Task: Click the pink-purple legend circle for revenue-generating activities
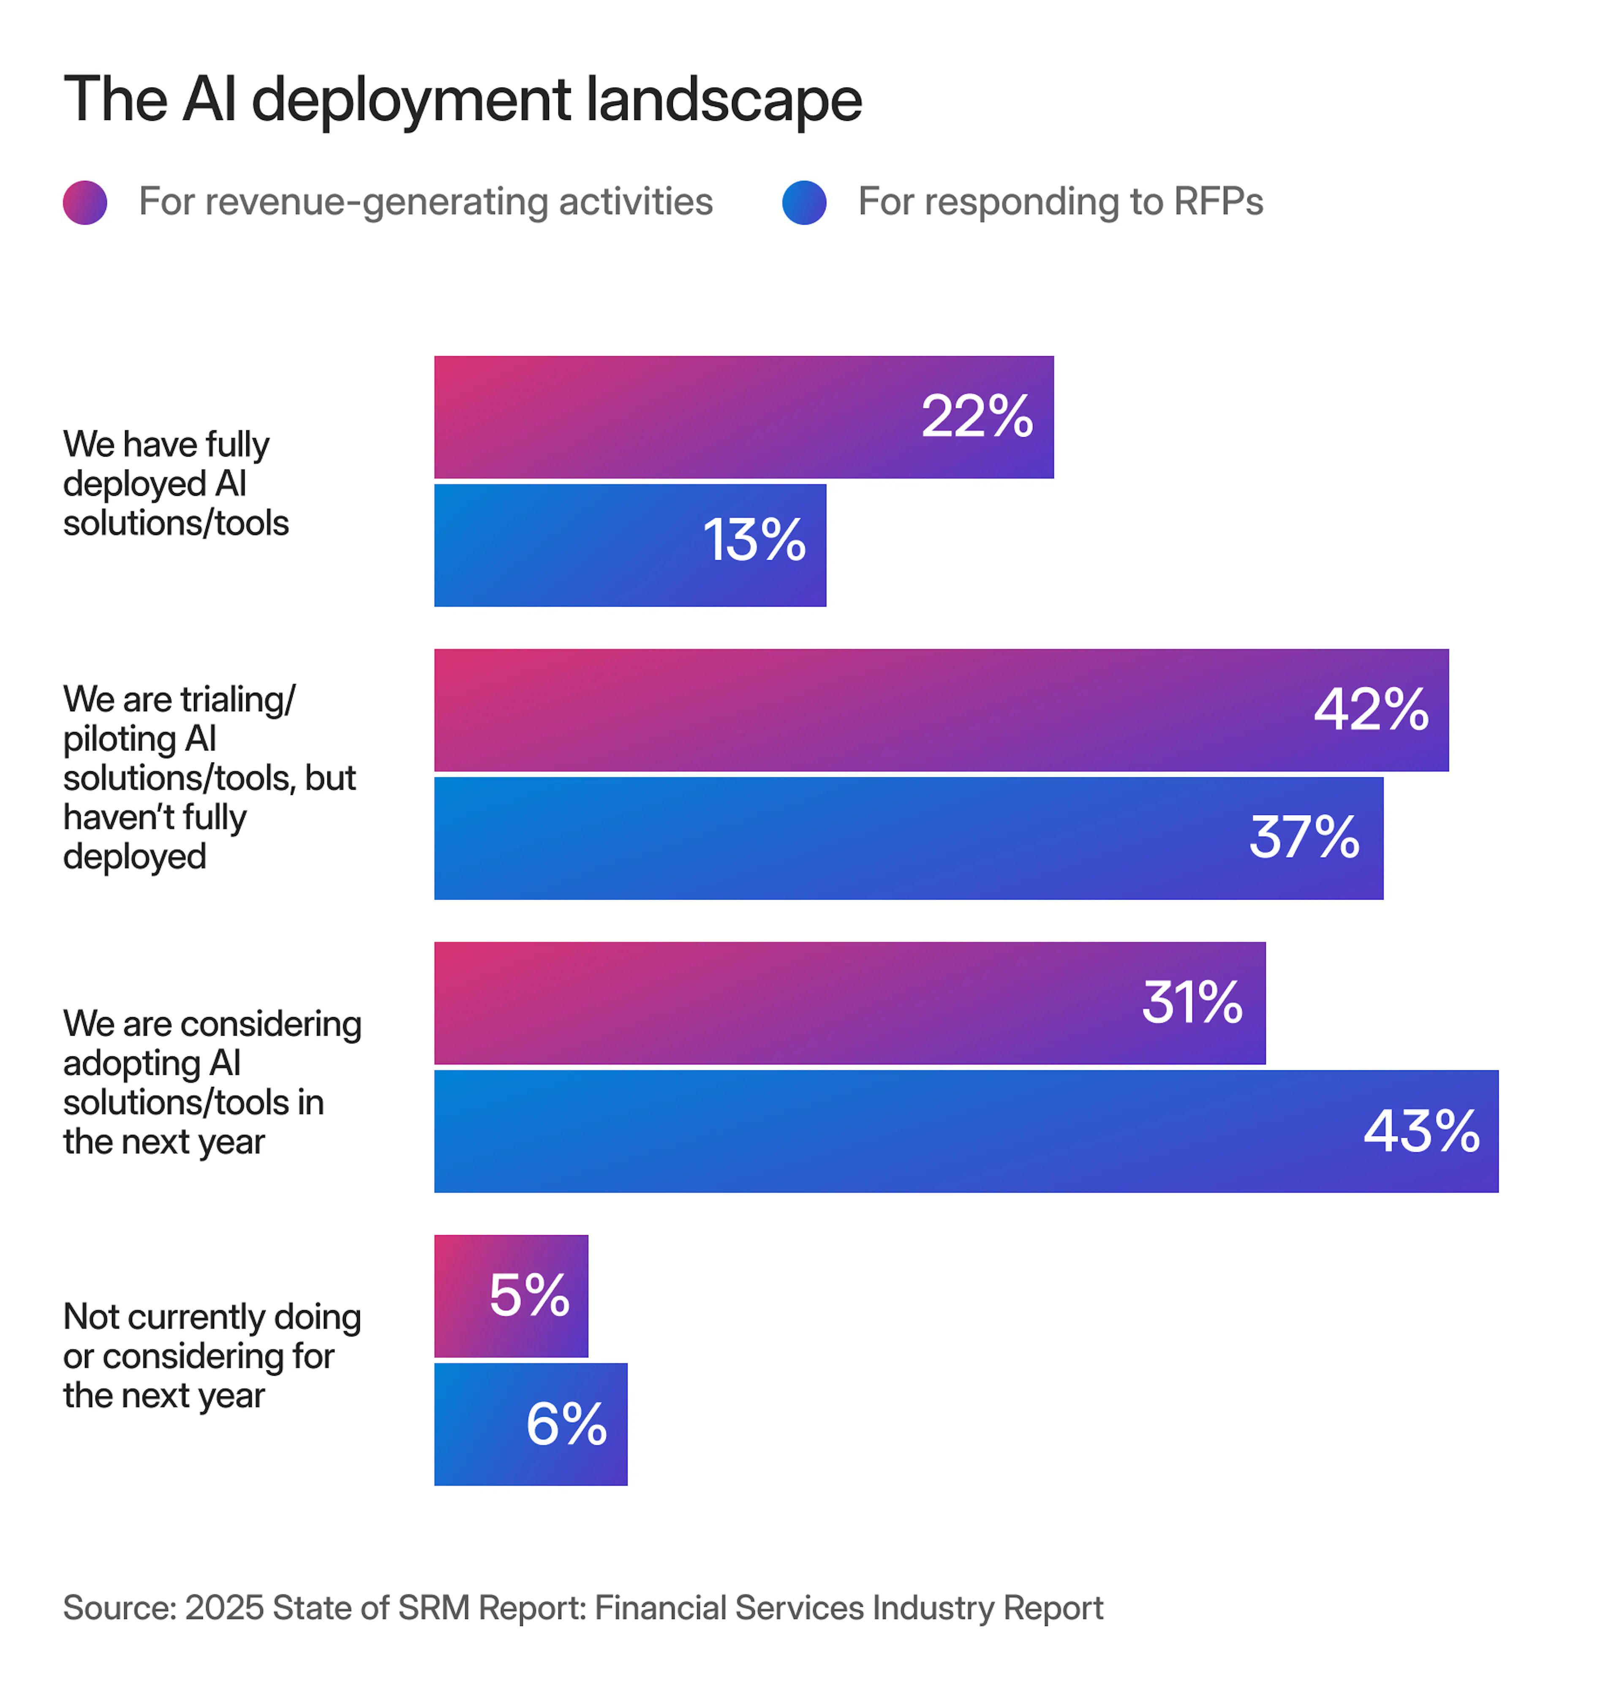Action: [x=84, y=203]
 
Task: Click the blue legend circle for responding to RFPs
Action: [x=804, y=203]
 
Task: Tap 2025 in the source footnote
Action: [x=223, y=1607]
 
